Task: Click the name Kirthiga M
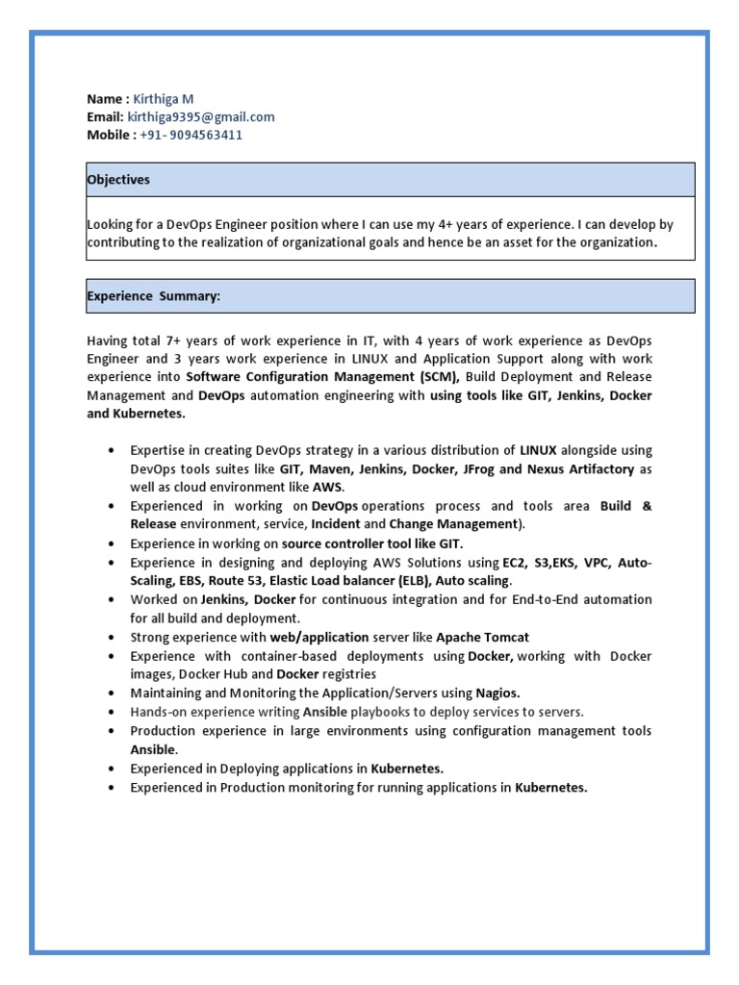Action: pos(164,99)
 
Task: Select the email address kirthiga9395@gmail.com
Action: pos(201,117)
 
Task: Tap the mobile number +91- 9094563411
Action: pos(191,136)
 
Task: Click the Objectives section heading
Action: pos(118,180)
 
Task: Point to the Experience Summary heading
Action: pos(154,296)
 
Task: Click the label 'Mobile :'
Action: pos(111,136)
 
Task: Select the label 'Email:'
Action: pos(105,117)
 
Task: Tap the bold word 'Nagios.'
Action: pos(497,693)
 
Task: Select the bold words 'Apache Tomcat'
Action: pos(482,638)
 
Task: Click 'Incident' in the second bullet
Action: pos(336,524)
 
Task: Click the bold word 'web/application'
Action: pos(319,638)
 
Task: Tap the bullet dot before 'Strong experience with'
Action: pos(113,638)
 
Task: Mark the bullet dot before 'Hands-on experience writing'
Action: pos(113,713)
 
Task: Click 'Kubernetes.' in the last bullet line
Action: pos(550,788)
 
